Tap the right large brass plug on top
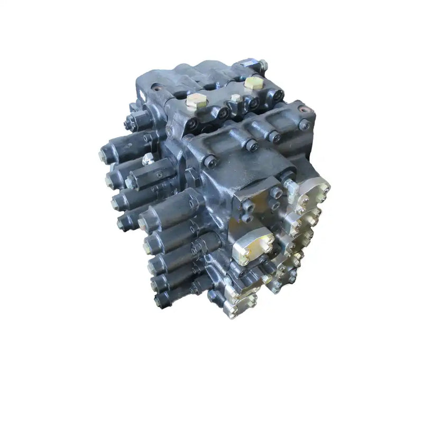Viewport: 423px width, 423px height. pos(254,84)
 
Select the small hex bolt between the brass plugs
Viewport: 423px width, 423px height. pos(234,99)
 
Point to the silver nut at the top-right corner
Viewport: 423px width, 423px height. pos(261,66)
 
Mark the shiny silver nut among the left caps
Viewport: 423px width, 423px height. pos(148,158)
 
